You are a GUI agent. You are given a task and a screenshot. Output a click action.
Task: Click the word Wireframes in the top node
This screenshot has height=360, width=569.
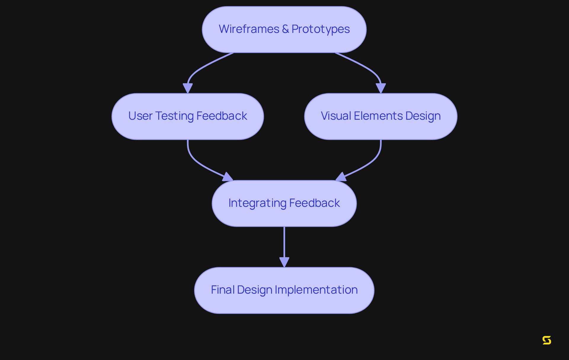click(x=249, y=29)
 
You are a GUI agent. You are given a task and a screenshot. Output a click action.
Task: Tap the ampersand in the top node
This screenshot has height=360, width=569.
click(x=285, y=29)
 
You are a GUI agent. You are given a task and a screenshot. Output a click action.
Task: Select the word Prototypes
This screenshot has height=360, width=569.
click(x=320, y=29)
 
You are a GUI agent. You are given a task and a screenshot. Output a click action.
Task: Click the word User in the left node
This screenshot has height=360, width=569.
click(x=140, y=116)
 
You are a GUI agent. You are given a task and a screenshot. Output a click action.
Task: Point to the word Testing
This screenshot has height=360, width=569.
click(x=175, y=116)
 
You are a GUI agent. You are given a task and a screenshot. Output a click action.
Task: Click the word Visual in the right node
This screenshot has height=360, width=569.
click(x=336, y=116)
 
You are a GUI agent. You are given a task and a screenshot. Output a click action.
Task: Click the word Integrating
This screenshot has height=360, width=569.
click(x=257, y=203)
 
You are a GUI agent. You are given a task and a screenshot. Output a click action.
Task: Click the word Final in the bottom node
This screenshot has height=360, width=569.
click(x=223, y=290)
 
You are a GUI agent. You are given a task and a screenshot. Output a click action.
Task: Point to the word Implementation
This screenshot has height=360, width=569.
click(x=316, y=290)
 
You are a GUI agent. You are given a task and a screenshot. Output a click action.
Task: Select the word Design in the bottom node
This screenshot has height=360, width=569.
click(x=254, y=290)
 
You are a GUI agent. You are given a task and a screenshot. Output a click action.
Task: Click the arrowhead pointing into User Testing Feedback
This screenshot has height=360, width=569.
click(x=188, y=88)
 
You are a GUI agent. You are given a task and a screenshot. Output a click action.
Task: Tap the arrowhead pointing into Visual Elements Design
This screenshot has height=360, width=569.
click(x=381, y=88)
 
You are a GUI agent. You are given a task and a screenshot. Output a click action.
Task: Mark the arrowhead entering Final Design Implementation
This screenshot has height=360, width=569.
click(x=284, y=262)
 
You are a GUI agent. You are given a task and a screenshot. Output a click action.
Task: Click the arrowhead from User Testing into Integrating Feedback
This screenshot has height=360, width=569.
click(x=228, y=177)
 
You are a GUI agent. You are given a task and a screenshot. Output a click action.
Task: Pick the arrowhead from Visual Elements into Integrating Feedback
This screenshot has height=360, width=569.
click(x=341, y=177)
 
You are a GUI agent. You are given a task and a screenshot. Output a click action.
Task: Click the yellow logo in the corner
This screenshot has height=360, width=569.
click(x=547, y=340)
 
